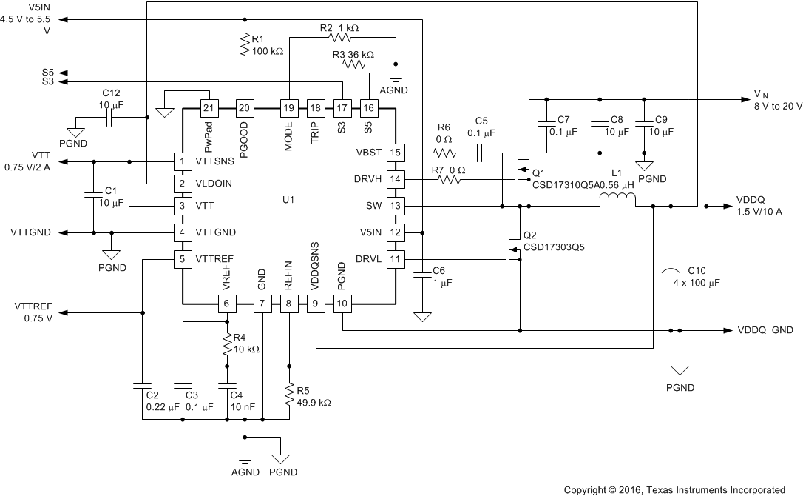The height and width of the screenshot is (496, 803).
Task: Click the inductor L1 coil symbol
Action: pyautogui.click(x=617, y=198)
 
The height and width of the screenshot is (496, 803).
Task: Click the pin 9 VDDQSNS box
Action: pyautogui.click(x=316, y=303)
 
